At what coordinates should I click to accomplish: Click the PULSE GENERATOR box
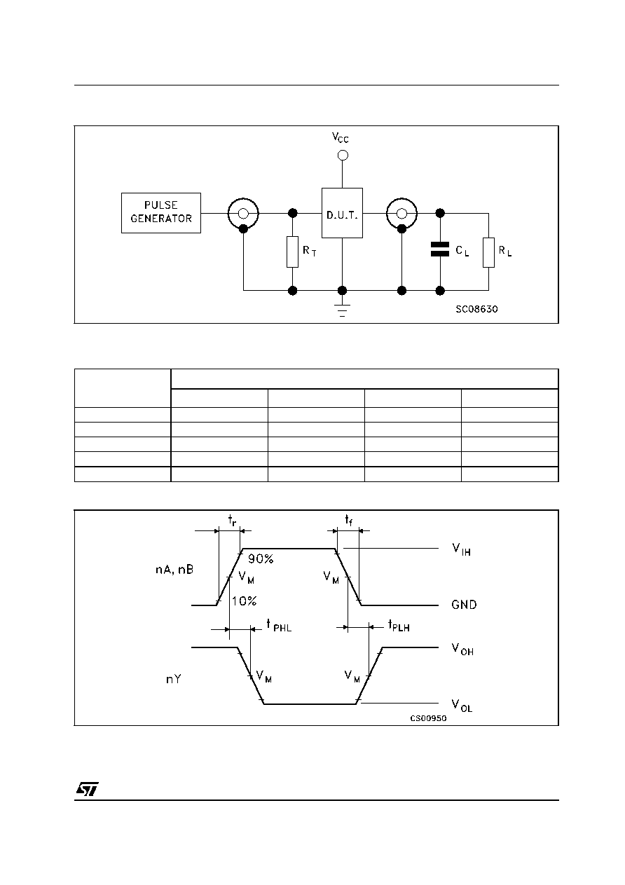(x=160, y=212)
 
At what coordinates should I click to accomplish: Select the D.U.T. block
(x=342, y=213)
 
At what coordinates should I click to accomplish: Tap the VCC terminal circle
(x=343, y=156)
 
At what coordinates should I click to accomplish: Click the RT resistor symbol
(x=292, y=252)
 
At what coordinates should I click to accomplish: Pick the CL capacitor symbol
(x=440, y=249)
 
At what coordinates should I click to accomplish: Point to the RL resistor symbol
(x=488, y=252)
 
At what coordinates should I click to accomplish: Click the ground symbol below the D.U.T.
(x=343, y=310)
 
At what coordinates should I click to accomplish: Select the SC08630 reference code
(x=476, y=309)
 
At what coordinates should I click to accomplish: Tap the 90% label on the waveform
(x=261, y=558)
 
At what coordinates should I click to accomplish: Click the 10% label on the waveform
(x=244, y=601)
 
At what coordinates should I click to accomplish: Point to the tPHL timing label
(x=279, y=626)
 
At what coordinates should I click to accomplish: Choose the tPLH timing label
(x=399, y=626)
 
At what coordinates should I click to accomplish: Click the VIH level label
(x=462, y=549)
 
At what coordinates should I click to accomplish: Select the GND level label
(x=465, y=605)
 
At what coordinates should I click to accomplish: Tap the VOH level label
(x=462, y=649)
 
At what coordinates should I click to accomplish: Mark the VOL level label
(x=462, y=706)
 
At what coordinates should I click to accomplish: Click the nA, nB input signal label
(x=174, y=570)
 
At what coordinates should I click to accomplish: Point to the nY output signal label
(x=174, y=679)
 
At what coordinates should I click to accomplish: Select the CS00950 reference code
(x=428, y=718)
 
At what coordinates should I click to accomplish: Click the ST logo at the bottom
(x=88, y=789)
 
